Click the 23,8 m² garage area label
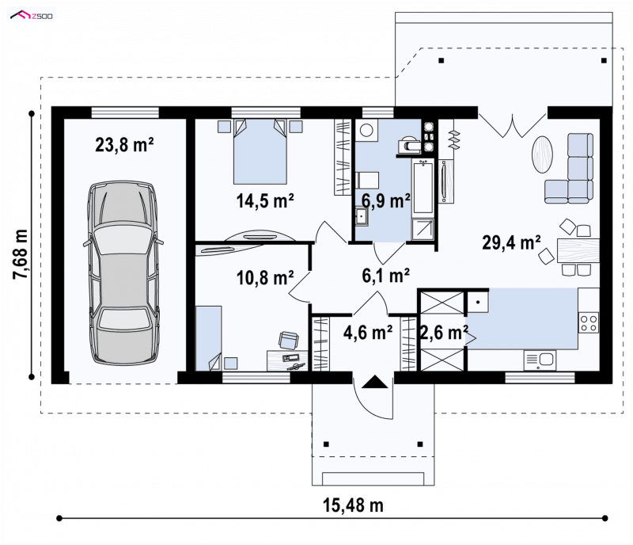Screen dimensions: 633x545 pos(124,145)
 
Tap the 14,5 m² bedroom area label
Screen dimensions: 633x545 pos(265,201)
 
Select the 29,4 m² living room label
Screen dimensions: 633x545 pos(511,243)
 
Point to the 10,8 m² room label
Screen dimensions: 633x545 pos(265,278)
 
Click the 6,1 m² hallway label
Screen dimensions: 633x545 pos(386,276)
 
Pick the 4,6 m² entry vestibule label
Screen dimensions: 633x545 pos(368,333)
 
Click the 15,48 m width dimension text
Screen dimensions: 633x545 pos(353,505)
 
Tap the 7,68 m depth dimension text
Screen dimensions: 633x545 pos(21,254)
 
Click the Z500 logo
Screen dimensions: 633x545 pos(32,16)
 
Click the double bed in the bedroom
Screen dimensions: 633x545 pos(260,151)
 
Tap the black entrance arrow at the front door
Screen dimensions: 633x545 pos(374,382)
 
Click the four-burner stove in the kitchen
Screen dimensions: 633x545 pos(589,322)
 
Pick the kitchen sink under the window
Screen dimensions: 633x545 pos(540,360)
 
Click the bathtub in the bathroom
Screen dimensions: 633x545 pos(423,186)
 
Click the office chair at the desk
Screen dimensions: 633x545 pos(288,340)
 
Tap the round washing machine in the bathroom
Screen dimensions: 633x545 pos(366,130)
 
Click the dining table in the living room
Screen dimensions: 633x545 pos(578,250)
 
